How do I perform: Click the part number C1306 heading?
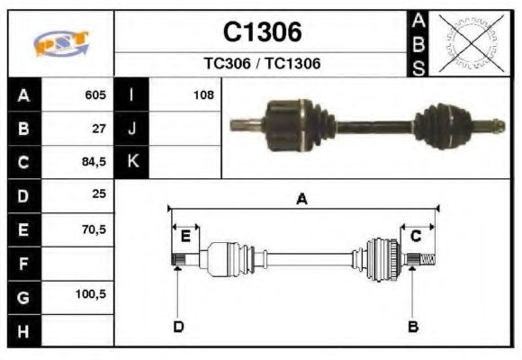coord(262,32)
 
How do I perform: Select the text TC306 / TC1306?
coord(262,64)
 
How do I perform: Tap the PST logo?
coord(60,43)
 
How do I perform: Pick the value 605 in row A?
coord(95,94)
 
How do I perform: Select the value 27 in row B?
coord(99,128)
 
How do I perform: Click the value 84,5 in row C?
coord(94,162)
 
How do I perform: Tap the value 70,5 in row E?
coord(94,229)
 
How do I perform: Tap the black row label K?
coord(131,162)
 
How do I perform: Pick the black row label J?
coord(131,128)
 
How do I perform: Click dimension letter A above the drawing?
coord(301,200)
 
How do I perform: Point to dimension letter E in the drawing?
coord(185,236)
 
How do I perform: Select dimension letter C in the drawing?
coord(416,236)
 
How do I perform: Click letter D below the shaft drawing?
coord(178,326)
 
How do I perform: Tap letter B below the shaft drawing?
coord(412,326)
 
